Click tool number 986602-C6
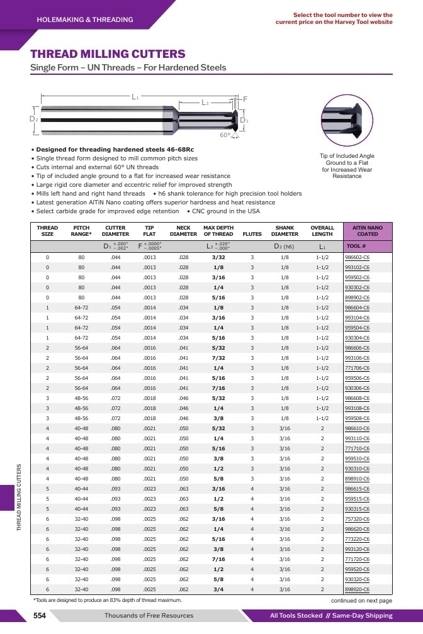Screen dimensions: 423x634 (357, 257)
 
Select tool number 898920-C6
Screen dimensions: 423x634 (357, 589)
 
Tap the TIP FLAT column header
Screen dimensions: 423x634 (149, 231)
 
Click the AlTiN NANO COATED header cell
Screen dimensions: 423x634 (368, 231)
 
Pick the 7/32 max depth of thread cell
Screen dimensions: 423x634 (218, 358)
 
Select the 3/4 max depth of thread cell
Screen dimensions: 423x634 (218, 589)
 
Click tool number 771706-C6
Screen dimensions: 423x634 (357, 368)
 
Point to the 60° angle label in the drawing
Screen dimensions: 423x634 (225, 135)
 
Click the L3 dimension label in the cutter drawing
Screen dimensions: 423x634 (205, 103)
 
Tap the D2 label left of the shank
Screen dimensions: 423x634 (33, 119)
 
